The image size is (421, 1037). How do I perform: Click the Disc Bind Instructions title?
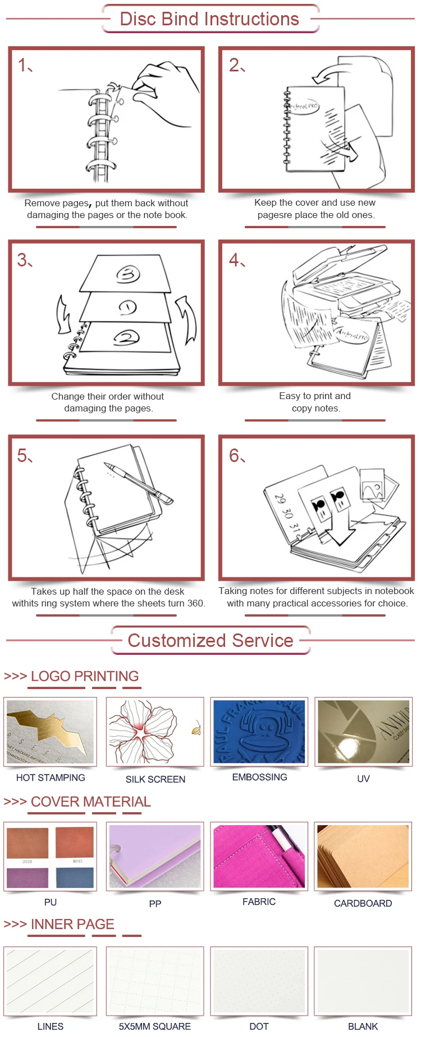tap(209, 19)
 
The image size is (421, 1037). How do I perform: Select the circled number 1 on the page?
tap(128, 307)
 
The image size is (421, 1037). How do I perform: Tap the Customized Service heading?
tap(210, 640)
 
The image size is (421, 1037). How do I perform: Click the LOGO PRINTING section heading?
tap(84, 676)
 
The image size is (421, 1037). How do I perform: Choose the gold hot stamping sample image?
tap(51, 731)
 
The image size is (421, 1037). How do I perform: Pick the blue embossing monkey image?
tap(259, 731)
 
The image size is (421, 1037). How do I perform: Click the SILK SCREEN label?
tap(155, 779)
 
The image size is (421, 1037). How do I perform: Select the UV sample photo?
tap(363, 731)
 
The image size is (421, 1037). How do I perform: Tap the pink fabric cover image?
tap(259, 856)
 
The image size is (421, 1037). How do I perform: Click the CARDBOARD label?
tap(363, 903)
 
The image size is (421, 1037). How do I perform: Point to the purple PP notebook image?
tap(155, 856)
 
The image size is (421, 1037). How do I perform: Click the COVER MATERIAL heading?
tap(90, 801)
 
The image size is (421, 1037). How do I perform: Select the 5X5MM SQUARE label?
tap(155, 1026)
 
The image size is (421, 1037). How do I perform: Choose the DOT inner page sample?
tap(259, 981)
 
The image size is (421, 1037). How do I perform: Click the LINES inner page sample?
tap(51, 981)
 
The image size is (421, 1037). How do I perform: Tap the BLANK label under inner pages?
tap(363, 1026)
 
